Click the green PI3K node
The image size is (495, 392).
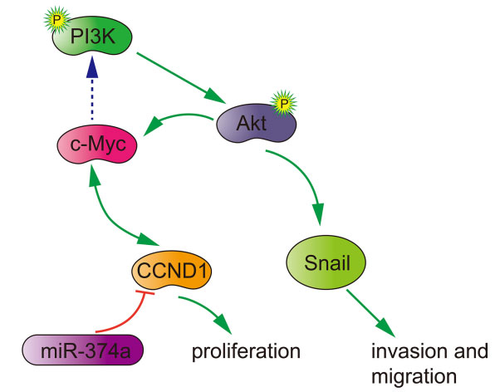tap(92, 36)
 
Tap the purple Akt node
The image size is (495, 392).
tap(256, 123)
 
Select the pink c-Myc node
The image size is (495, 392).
tap(97, 145)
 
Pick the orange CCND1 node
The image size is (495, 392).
tap(171, 271)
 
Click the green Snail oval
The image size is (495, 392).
tap(326, 262)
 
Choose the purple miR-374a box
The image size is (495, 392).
tap(83, 350)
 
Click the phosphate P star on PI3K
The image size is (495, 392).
tap(56, 20)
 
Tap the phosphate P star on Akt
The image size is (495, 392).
tap(284, 103)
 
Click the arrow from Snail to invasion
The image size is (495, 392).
tap(370, 313)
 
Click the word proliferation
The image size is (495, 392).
tap(246, 351)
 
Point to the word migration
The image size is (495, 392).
tap(414, 376)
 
